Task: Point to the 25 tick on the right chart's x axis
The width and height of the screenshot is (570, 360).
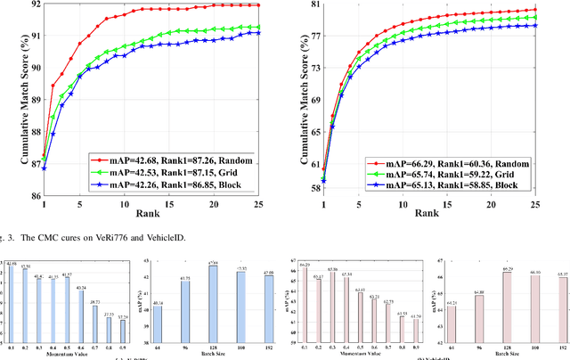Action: tap(558, 203)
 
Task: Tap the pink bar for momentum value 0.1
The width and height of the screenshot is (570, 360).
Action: tap(305, 291)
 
